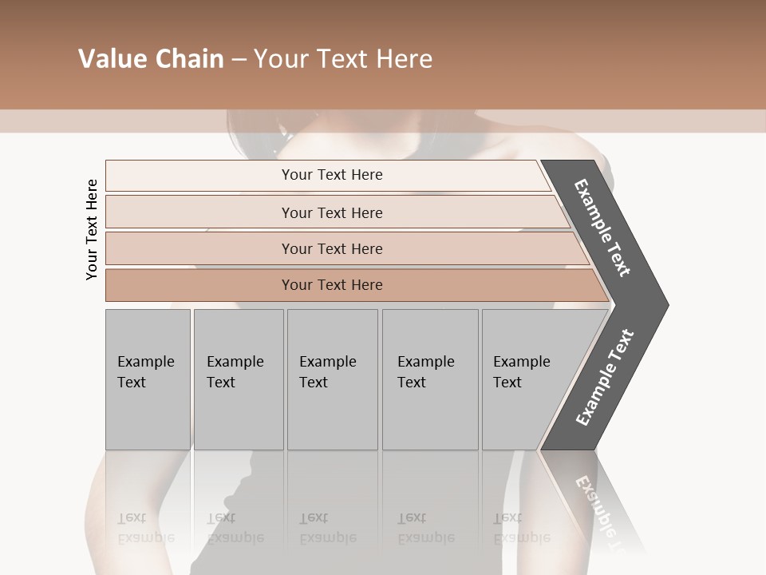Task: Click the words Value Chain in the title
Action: point(151,59)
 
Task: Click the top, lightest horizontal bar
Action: point(199,176)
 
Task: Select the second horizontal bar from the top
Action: point(199,212)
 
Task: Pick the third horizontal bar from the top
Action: point(199,248)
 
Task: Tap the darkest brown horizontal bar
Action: point(199,285)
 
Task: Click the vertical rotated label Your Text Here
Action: point(92,229)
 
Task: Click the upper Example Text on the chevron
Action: point(602,228)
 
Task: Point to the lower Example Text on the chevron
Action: point(605,377)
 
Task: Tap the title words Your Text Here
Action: point(343,59)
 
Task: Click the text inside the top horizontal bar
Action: point(332,175)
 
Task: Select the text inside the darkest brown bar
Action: point(332,285)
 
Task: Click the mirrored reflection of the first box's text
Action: point(145,528)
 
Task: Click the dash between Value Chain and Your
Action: point(239,60)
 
